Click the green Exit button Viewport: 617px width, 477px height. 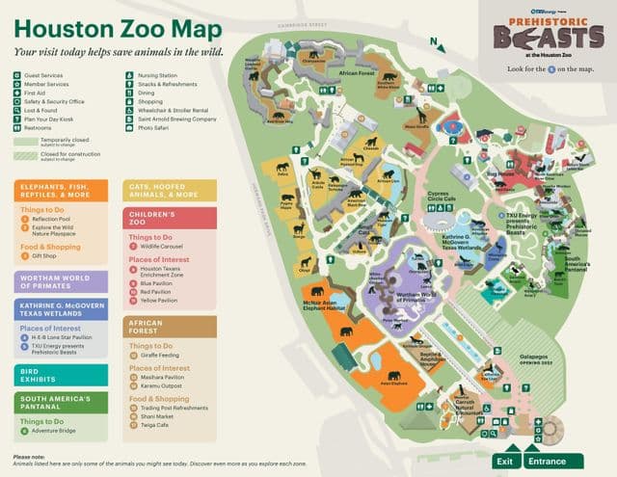click(x=504, y=461)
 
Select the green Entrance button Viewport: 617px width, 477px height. click(x=547, y=461)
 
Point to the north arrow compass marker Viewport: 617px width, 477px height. click(x=437, y=42)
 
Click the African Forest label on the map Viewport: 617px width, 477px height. click(x=357, y=73)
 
